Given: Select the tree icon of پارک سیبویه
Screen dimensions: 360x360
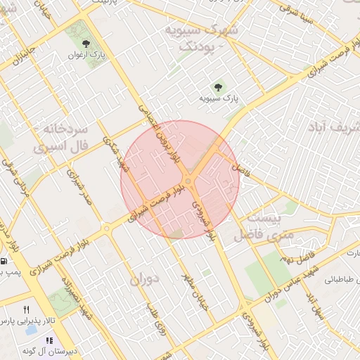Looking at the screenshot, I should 218,88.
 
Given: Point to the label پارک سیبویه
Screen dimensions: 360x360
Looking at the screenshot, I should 218,100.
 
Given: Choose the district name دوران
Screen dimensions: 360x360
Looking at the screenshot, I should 146,278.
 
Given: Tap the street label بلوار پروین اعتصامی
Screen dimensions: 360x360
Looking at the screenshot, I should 164,133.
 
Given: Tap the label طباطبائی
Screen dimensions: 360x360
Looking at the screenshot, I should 342,279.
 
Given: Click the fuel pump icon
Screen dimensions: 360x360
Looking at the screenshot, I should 5,261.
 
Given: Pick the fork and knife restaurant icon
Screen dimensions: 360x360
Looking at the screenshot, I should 26,309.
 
